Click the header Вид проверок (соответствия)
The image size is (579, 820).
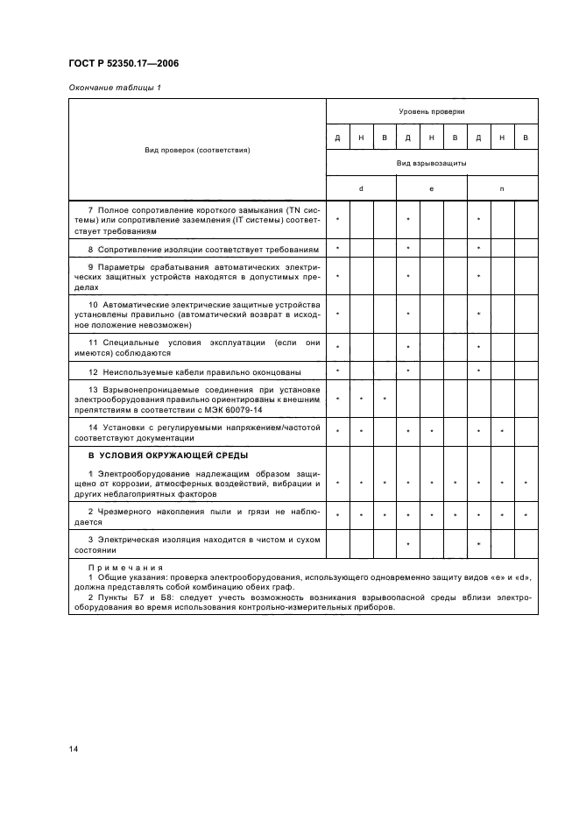198,150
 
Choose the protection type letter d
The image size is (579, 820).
361,188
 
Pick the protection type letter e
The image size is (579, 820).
431,188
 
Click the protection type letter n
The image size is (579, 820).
502,188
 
